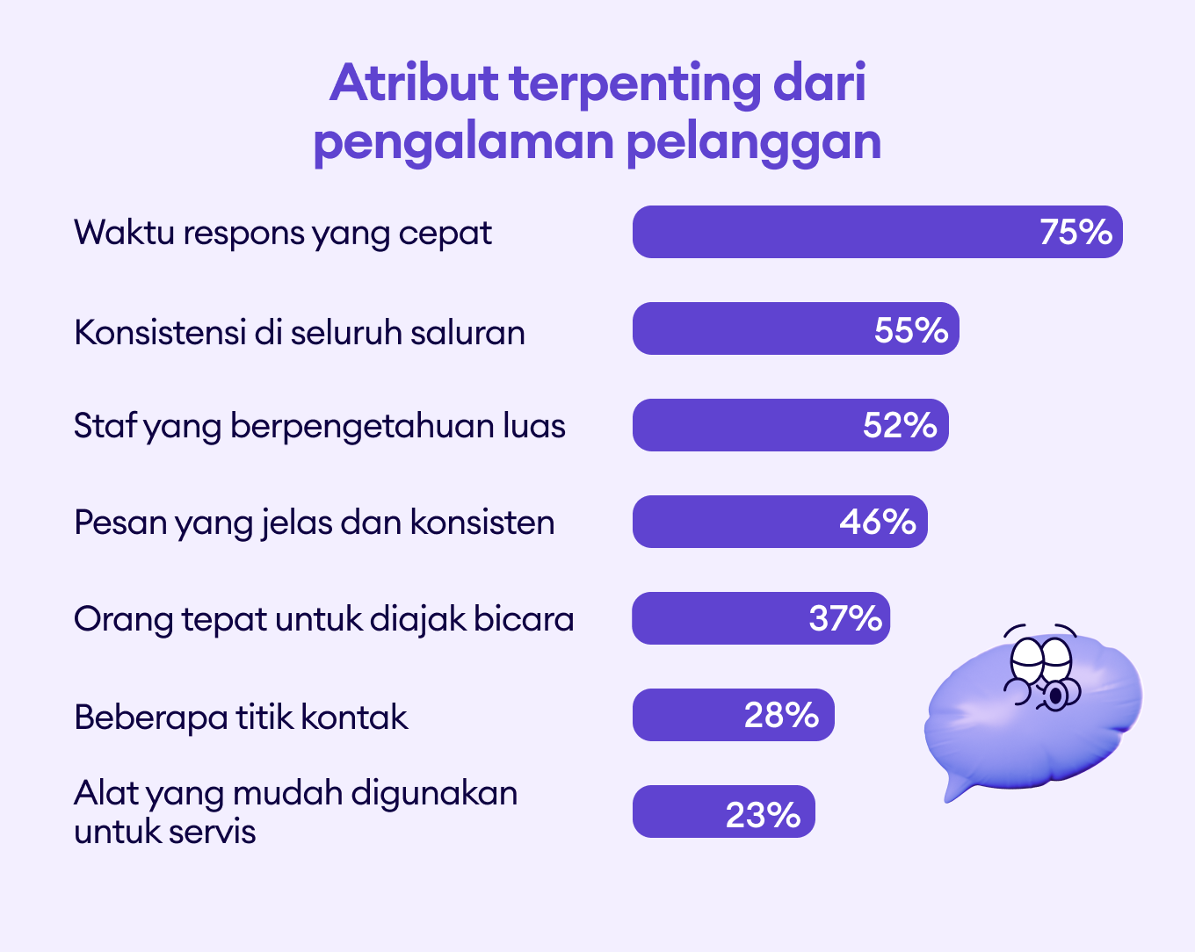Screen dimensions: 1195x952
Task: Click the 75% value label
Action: coord(1075,232)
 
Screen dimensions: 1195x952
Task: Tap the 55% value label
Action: coord(911,330)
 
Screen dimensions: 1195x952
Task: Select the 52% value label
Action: coord(900,426)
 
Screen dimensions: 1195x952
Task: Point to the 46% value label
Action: coord(878,522)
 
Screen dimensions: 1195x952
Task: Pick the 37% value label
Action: coord(845,618)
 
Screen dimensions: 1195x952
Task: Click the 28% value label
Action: coord(781,715)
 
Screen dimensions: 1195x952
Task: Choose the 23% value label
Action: coord(763,815)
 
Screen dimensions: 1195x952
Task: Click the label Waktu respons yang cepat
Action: coord(283,234)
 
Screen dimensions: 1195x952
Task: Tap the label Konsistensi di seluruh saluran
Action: coord(300,332)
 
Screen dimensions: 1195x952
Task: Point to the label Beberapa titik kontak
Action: coord(241,717)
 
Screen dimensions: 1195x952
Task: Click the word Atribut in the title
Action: coord(414,83)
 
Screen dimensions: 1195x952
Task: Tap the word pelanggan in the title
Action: coord(754,142)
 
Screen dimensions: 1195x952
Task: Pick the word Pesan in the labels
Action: coord(120,523)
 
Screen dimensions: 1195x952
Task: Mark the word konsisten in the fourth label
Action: coord(482,523)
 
